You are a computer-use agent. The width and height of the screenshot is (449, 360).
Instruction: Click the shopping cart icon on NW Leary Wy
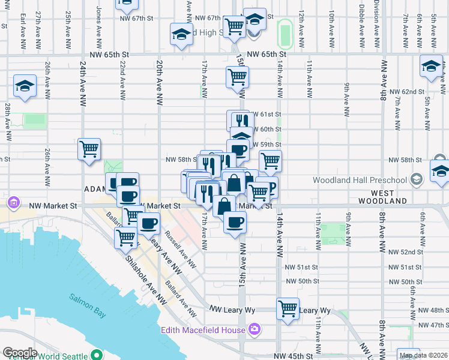tap(288, 308)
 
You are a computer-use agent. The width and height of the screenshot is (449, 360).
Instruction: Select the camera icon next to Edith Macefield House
tap(255, 329)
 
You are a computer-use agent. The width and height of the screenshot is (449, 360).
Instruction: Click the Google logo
tap(20, 353)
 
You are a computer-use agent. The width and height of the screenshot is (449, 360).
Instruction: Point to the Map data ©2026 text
tap(423, 355)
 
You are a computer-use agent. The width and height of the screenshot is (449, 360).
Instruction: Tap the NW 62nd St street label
tap(406, 92)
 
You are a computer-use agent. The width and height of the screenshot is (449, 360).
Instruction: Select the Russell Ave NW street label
tap(180, 249)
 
